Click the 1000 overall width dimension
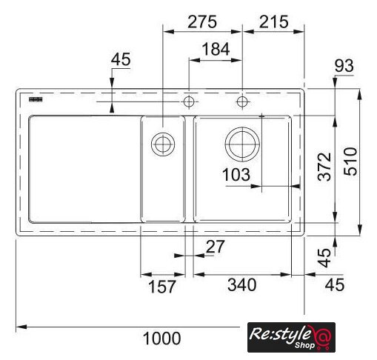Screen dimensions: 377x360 click(161, 339)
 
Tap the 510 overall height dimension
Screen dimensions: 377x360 click(351, 161)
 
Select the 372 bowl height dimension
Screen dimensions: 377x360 click(324, 167)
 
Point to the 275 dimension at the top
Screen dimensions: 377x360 click(202, 21)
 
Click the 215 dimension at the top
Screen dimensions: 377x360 click(274, 21)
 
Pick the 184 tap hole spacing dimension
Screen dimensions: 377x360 click(216, 49)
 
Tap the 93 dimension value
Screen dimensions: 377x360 click(344, 66)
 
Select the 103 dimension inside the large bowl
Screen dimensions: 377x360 click(236, 175)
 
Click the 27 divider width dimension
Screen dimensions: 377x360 click(216, 246)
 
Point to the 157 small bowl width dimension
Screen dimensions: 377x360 click(162, 287)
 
